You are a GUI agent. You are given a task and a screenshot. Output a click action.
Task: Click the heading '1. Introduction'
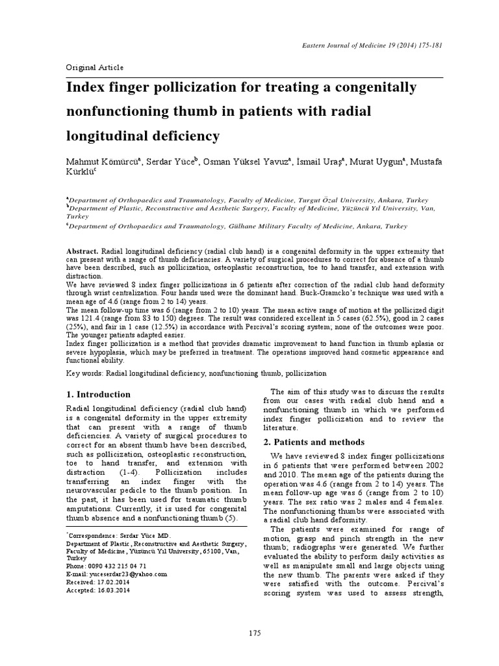(99, 394)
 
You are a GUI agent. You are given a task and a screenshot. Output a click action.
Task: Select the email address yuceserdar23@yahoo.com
(127, 574)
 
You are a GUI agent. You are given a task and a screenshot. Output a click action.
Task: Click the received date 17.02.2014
(111, 582)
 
